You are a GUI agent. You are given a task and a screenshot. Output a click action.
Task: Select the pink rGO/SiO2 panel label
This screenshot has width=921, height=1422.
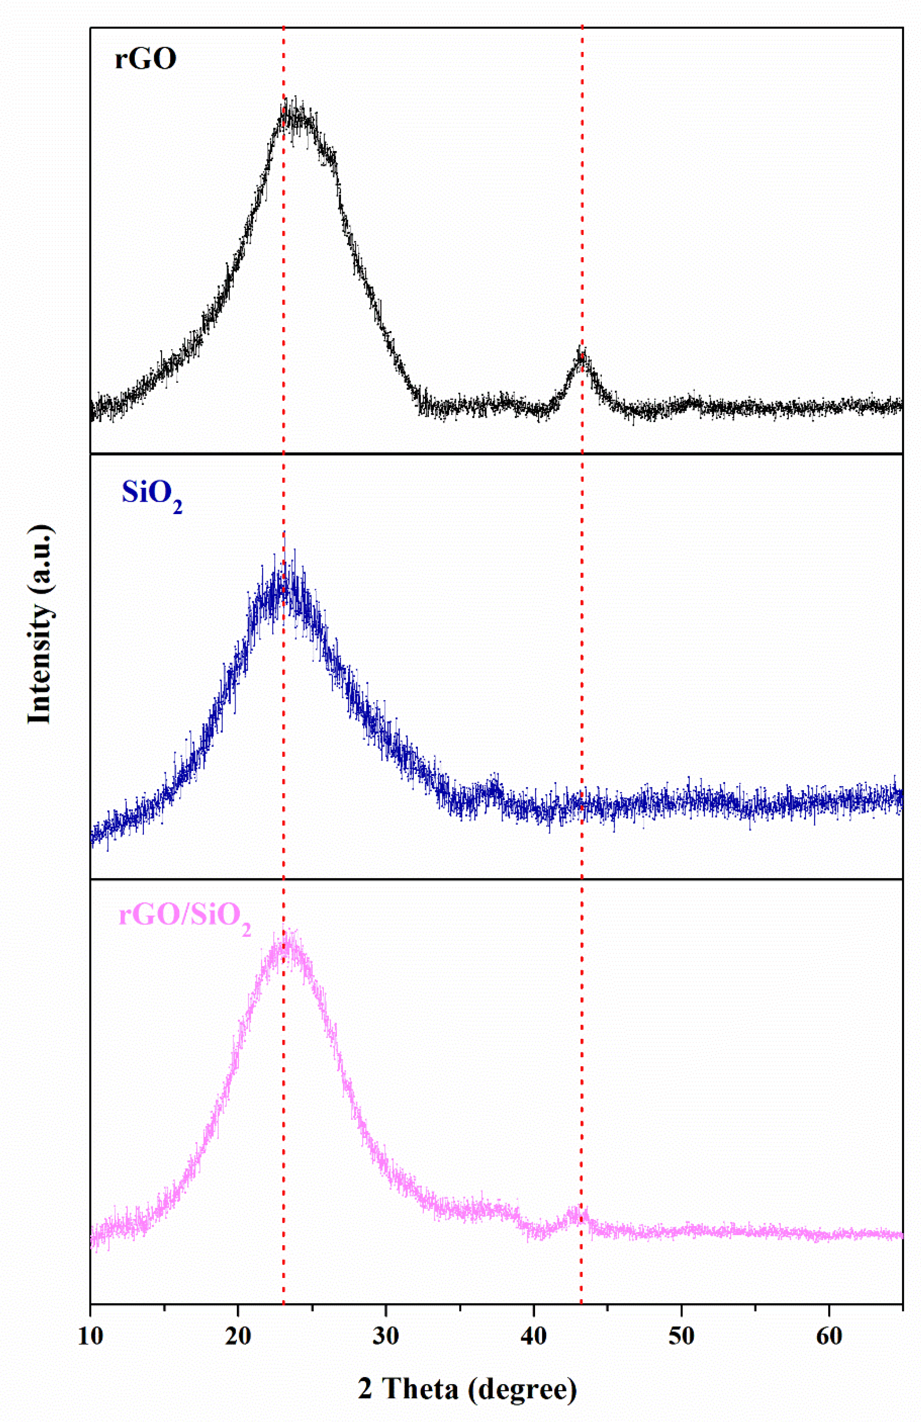[184, 916]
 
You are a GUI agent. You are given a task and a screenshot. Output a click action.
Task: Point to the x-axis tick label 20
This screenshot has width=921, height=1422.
[238, 1337]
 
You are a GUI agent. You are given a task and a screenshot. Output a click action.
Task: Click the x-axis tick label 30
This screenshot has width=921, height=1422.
[386, 1337]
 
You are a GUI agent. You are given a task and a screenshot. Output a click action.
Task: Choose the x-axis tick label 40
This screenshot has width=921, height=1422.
[533, 1337]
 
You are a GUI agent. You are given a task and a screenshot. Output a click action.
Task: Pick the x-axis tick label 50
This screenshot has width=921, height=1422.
[681, 1337]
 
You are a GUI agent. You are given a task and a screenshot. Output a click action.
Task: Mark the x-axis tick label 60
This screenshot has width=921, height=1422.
[829, 1337]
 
